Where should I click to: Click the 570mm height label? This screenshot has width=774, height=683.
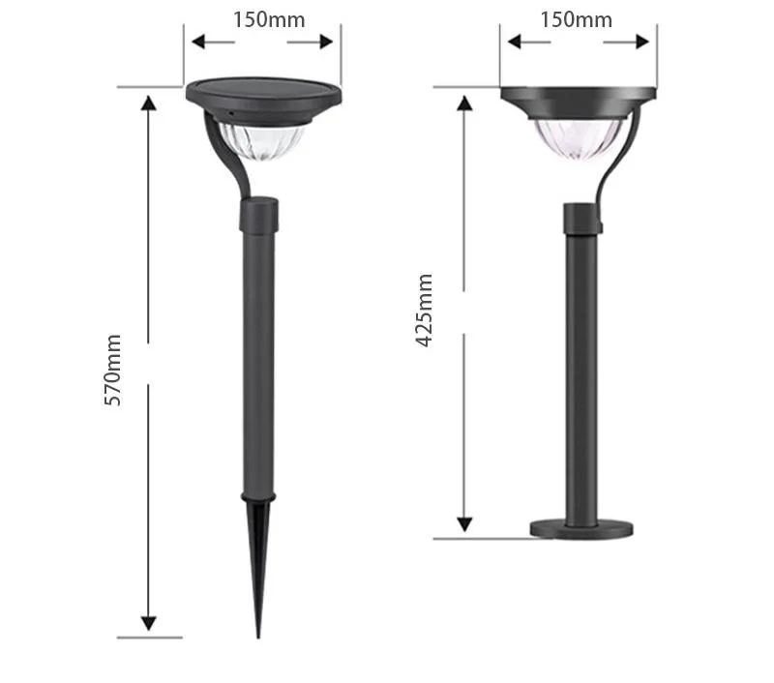113,369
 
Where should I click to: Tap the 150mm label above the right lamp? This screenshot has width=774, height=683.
576,19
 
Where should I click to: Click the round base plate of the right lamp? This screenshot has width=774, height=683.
580,528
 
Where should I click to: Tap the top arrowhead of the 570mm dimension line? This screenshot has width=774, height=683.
148,103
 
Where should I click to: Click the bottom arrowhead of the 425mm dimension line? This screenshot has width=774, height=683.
465,523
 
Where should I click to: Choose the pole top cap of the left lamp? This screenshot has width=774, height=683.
258,213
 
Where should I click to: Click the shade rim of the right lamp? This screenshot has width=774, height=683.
579,96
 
